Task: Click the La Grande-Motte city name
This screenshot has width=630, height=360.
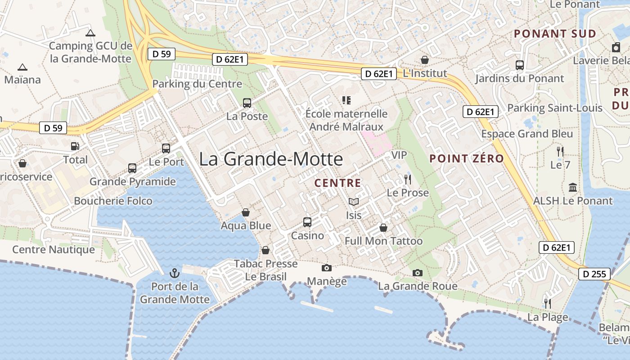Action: (271, 159)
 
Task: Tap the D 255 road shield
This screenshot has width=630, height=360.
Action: (594, 274)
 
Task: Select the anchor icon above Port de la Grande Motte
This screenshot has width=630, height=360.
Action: (174, 273)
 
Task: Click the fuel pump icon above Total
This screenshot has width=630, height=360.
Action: (75, 146)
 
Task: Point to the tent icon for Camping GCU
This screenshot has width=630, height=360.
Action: (90, 33)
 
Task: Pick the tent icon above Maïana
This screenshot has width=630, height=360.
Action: (22, 67)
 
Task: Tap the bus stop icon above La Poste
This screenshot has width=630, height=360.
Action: (247, 103)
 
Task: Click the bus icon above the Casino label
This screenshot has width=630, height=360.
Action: (307, 222)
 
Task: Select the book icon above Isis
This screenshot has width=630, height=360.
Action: (354, 202)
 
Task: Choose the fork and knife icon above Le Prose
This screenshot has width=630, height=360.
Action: (408, 180)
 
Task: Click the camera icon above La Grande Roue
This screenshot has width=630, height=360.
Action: (418, 273)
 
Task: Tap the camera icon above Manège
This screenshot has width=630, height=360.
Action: (327, 268)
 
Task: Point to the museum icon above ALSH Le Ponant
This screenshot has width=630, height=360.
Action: (573, 187)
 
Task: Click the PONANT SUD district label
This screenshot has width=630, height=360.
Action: (555, 34)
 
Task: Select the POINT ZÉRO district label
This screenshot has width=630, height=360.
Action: (466, 158)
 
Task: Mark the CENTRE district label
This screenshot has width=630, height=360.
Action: (337, 183)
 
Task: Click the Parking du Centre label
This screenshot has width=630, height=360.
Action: (197, 84)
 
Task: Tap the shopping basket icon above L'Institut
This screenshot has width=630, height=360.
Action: (424, 60)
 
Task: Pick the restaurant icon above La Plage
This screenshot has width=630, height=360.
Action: (548, 304)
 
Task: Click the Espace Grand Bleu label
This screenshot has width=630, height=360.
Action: (527, 134)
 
